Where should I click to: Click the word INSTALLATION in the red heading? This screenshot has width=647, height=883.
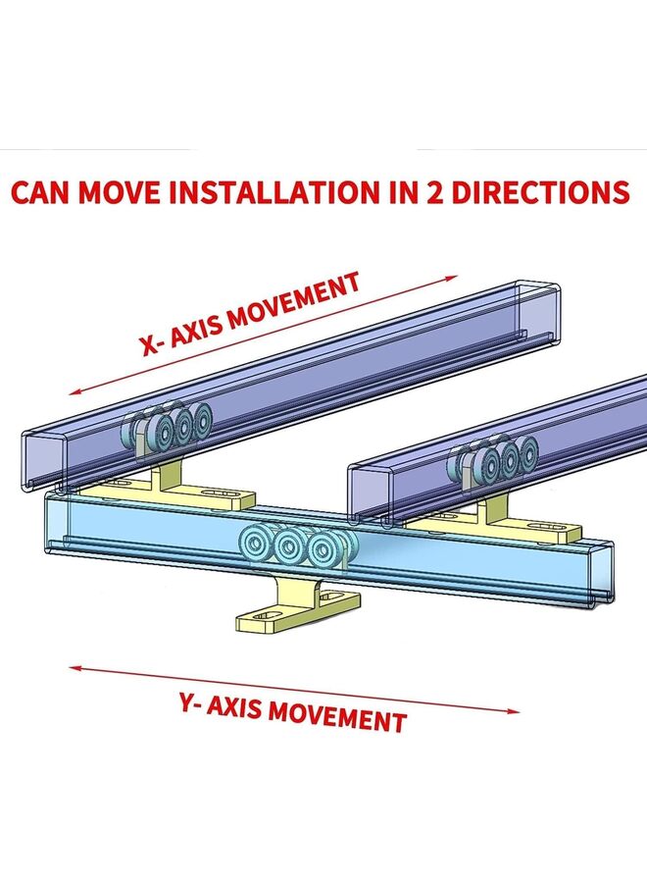point(274,192)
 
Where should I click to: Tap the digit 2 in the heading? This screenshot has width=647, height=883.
point(436,192)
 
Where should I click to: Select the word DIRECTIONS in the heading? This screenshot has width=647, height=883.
point(541,192)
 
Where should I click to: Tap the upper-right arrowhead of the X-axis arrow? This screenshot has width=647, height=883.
point(454,277)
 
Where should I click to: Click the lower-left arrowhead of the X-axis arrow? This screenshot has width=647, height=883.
point(74,392)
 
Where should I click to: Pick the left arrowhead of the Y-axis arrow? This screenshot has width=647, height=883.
point(75,668)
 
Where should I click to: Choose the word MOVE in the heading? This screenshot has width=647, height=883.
point(119,192)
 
